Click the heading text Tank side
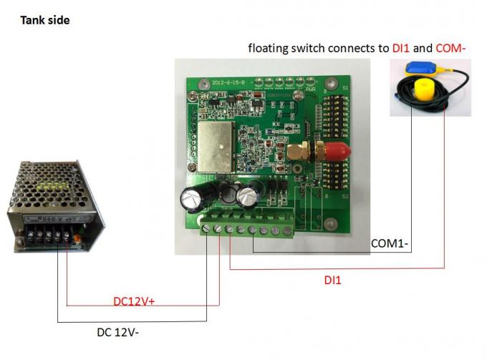coord(44,21)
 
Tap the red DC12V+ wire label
coord(135,301)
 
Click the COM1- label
coord(390,243)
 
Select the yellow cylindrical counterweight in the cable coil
coord(423,92)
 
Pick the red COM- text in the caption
coord(454,49)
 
